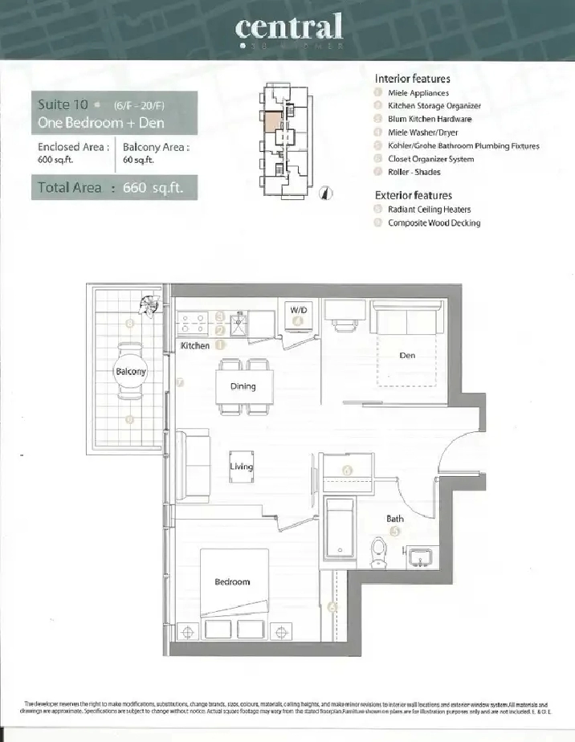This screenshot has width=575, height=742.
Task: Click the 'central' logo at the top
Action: pyautogui.click(x=289, y=28)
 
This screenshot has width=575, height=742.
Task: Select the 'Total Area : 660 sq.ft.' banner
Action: pyautogui.click(x=113, y=188)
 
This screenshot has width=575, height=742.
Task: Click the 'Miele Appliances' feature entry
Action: pyautogui.click(x=418, y=93)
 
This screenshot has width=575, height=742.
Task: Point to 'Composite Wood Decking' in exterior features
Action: pyautogui.click(x=434, y=223)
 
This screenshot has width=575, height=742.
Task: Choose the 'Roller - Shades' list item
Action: pyautogui.click(x=414, y=172)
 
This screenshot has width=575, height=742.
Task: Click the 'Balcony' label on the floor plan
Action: pyautogui.click(x=131, y=372)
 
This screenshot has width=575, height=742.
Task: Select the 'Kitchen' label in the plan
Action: pyautogui.click(x=195, y=346)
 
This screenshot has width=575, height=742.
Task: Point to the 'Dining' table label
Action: pyautogui.click(x=243, y=386)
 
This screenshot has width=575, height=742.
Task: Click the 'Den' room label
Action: pyautogui.click(x=407, y=355)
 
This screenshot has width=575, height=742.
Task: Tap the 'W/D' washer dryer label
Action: pyautogui.click(x=298, y=309)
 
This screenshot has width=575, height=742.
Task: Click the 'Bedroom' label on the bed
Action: pyautogui.click(x=232, y=581)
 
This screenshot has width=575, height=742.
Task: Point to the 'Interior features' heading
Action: pyautogui.click(x=412, y=79)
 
